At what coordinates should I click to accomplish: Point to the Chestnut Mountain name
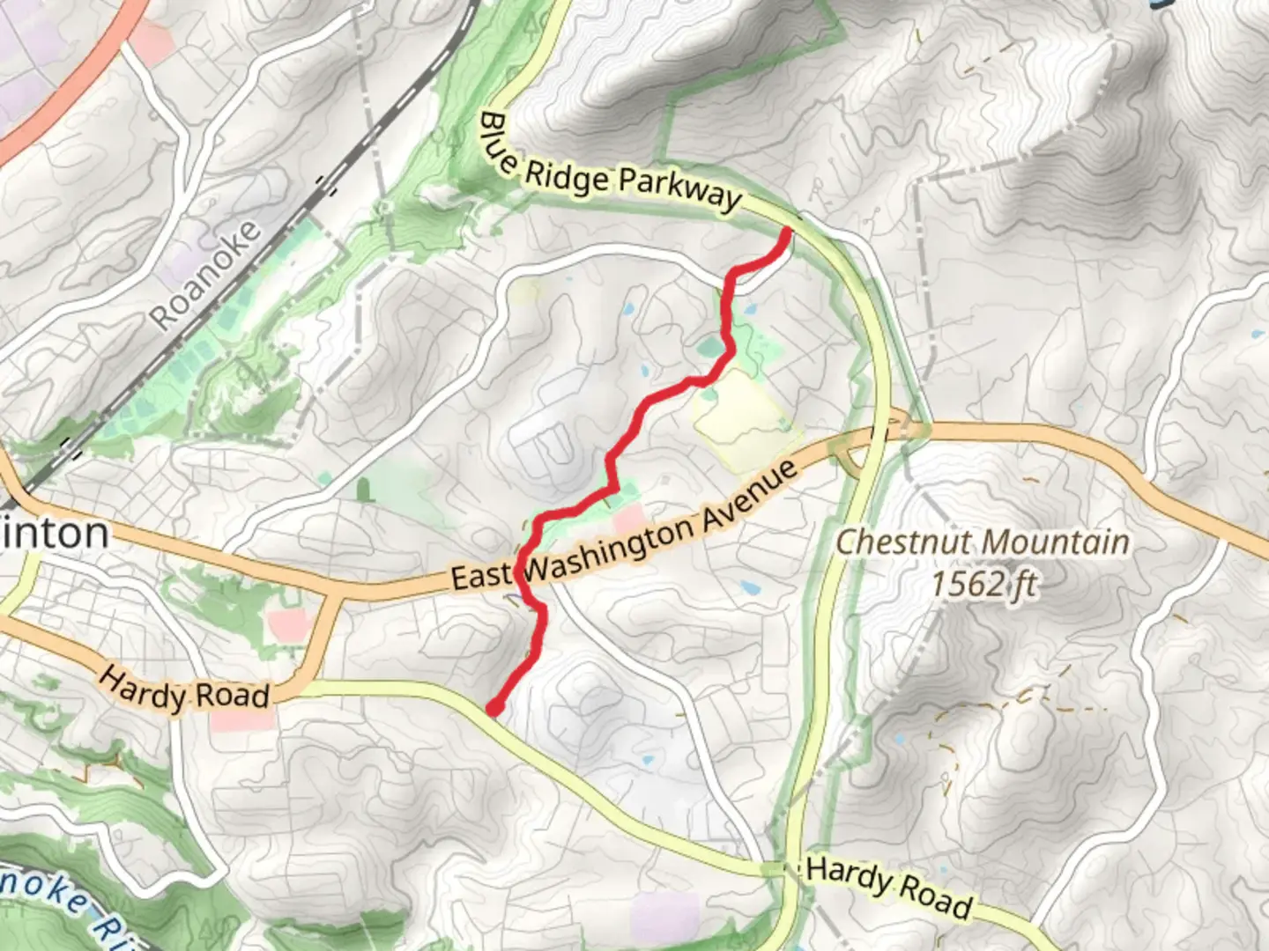point(982,542)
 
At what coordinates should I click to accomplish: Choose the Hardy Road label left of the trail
point(183,689)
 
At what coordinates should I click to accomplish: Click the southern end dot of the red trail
point(494,706)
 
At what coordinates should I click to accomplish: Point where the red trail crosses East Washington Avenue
point(522,577)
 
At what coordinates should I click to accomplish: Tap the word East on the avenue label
point(481,575)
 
